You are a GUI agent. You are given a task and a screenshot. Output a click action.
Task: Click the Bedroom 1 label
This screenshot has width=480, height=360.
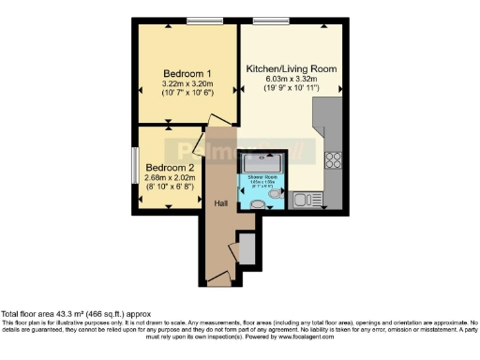[x=187, y=74]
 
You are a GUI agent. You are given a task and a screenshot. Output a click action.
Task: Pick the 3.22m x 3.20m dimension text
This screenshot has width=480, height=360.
[x=187, y=85]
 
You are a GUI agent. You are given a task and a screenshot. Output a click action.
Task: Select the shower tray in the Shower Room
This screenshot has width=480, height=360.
[x=260, y=160]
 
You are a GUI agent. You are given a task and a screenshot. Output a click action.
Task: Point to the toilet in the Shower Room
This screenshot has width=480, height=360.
[x=257, y=203]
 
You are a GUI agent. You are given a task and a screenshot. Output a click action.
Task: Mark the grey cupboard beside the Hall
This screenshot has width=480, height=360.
[x=247, y=249]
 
